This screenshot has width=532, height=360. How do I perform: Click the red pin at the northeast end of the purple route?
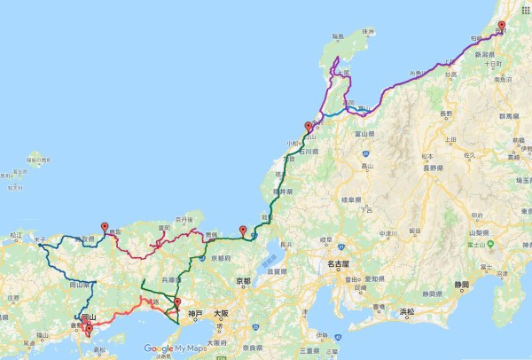pyautogui.click(x=501, y=27)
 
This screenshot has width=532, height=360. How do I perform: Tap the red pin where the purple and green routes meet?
pyautogui.click(x=308, y=127)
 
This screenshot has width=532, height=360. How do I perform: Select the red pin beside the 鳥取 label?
pyautogui.click(x=106, y=228)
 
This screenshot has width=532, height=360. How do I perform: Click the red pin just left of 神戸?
pyautogui.click(x=178, y=305)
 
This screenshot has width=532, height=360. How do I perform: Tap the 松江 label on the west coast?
pyautogui.click(x=15, y=235)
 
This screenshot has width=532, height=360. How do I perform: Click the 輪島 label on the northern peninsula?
pyautogui.click(x=337, y=36)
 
